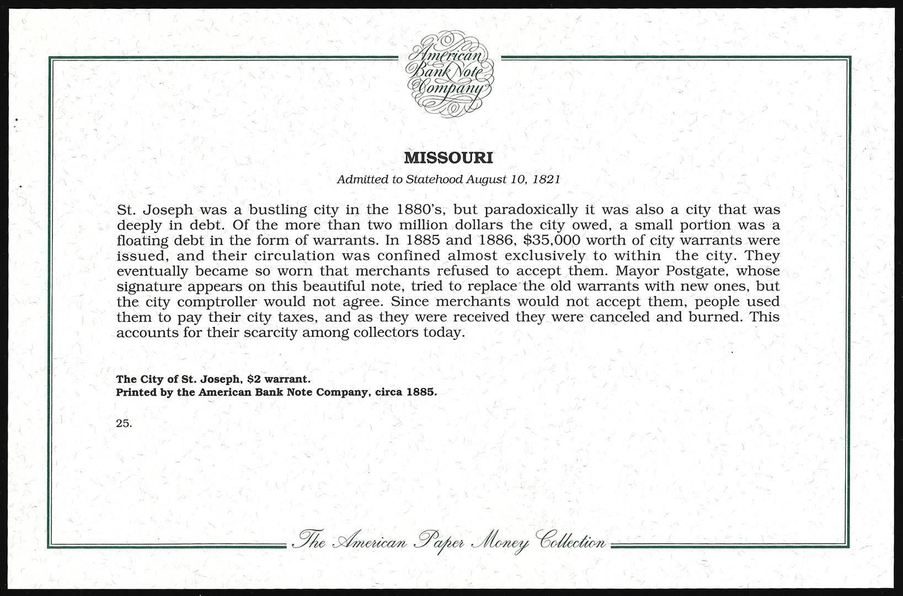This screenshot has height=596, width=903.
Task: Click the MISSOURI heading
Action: (448, 158)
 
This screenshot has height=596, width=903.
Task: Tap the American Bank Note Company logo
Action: (450, 74)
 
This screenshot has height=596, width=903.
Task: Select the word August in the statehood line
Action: (484, 179)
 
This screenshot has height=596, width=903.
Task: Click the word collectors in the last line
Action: (384, 333)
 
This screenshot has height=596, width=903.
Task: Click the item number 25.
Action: (124, 423)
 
